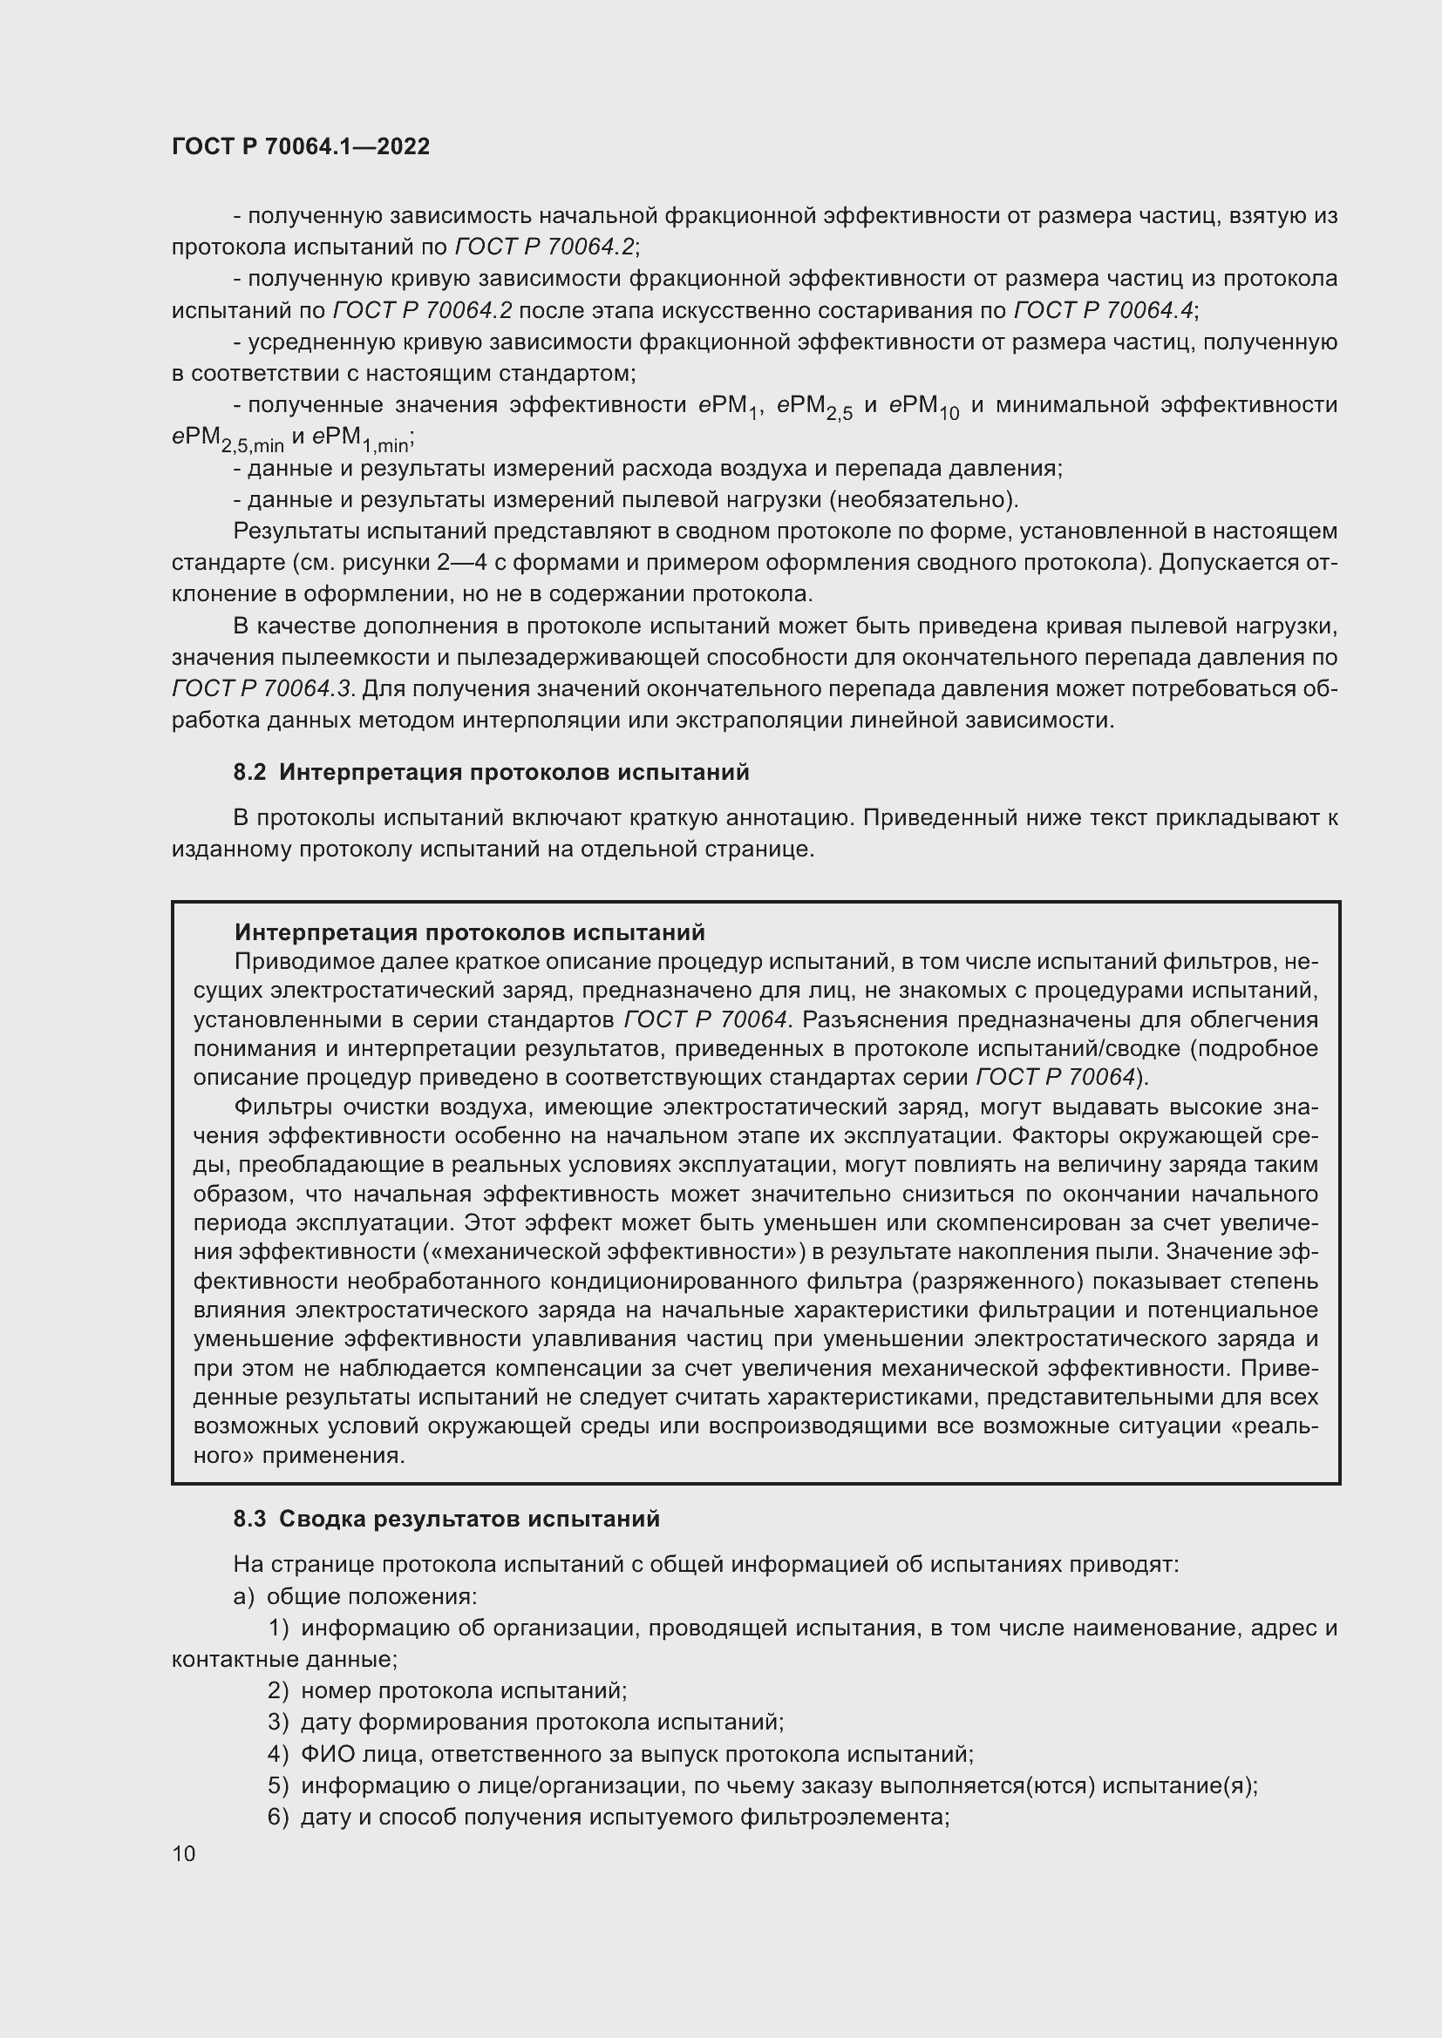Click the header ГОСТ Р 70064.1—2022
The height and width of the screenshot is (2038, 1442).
click(x=300, y=147)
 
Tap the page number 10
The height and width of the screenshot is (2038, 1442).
click(x=184, y=1853)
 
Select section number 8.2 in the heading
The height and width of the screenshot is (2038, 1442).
click(x=249, y=772)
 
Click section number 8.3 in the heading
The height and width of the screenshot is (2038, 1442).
click(x=249, y=1519)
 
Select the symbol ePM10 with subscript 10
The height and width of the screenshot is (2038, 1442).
click(x=924, y=408)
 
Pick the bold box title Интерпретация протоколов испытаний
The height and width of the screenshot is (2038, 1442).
click(x=470, y=932)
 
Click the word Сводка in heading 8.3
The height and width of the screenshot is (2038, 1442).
click(x=323, y=1519)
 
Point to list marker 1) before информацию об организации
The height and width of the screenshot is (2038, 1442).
click(x=278, y=1628)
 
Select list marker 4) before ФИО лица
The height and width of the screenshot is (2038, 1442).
click(x=278, y=1754)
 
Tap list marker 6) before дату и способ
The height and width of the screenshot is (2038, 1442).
click(x=278, y=1817)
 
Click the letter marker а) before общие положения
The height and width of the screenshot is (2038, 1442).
click(x=243, y=1596)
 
